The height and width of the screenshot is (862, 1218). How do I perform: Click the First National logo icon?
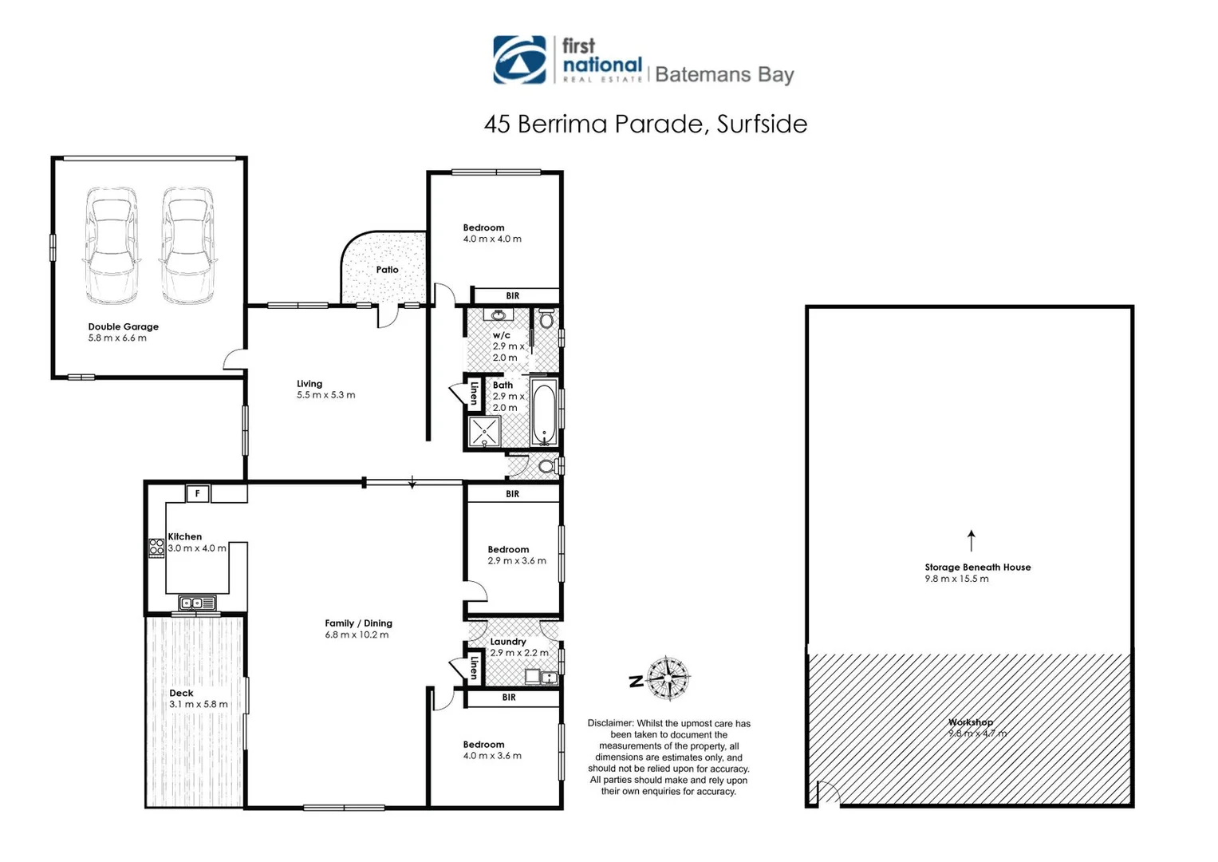[519, 60]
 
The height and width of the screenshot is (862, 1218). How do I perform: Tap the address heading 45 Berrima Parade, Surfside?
[645, 124]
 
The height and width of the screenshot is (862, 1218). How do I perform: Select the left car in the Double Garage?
[111, 245]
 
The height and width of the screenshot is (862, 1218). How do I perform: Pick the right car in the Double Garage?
[187, 245]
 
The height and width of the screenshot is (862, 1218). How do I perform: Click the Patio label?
[387, 270]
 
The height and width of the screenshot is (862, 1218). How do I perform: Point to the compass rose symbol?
[668, 678]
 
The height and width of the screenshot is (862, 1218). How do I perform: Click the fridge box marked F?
[197, 494]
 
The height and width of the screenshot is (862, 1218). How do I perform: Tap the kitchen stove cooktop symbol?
[156, 548]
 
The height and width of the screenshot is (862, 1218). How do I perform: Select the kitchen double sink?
[196, 603]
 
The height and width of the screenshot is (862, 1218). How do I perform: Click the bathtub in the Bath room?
[544, 413]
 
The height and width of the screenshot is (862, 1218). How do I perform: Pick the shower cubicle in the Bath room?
[484, 432]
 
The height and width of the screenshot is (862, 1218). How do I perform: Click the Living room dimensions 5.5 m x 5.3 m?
[325, 395]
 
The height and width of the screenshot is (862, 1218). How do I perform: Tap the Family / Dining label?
[358, 623]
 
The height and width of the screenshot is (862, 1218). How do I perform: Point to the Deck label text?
[181, 693]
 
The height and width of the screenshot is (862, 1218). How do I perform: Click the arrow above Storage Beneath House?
[971, 540]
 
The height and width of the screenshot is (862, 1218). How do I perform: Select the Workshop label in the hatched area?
[970, 722]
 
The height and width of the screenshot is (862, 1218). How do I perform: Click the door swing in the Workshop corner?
[828, 793]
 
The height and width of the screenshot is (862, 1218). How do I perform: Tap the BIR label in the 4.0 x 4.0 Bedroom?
[512, 296]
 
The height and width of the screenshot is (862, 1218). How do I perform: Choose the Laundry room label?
[508, 641]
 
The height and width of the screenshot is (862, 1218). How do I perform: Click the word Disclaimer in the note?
[610, 723]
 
